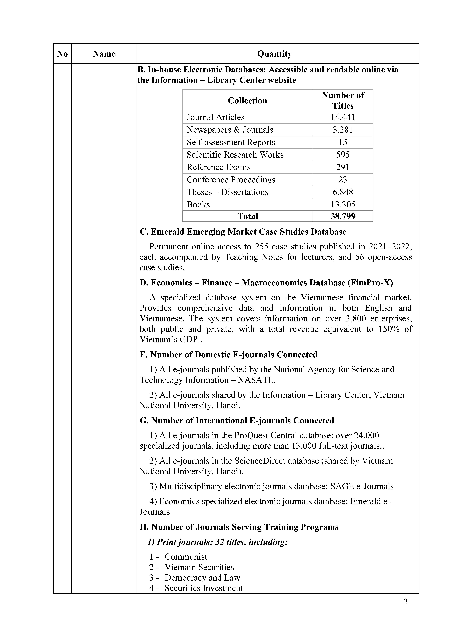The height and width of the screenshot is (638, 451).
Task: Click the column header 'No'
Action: (62, 54)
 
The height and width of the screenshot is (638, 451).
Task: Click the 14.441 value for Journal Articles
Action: (343, 117)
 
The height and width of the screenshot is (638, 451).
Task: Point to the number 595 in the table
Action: (343, 155)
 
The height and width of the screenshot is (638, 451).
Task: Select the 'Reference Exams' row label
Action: (218, 167)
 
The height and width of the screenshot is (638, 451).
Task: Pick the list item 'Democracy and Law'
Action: (202, 578)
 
